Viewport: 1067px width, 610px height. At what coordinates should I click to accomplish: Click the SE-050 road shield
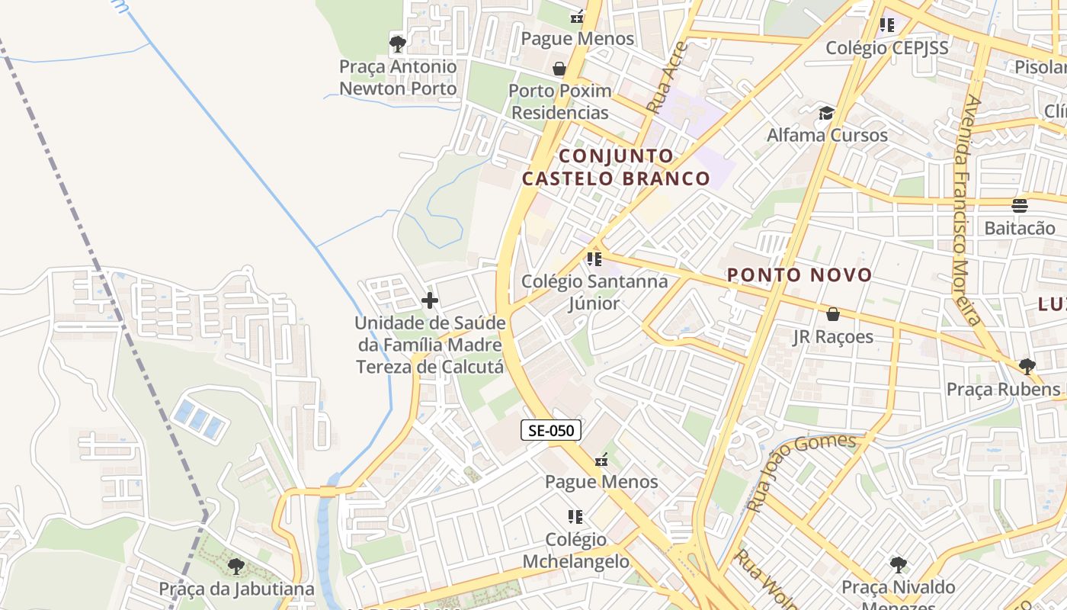pos(551,430)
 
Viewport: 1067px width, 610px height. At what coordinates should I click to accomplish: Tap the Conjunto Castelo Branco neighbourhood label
pos(616,168)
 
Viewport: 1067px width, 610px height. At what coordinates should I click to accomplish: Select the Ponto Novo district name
pos(799,275)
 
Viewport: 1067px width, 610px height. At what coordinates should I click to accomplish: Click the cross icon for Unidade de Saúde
pos(430,300)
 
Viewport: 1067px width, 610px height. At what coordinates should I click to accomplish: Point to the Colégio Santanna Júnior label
pos(594,292)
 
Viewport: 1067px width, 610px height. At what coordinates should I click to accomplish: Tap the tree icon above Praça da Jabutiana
pos(236,567)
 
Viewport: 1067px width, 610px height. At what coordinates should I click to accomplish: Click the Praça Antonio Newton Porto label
pos(398,78)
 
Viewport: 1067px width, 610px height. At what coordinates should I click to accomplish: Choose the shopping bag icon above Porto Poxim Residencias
pos(559,69)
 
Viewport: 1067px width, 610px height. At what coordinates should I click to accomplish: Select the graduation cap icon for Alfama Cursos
pos(826,114)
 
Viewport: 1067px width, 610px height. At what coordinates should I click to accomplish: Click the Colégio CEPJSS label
pos(887,48)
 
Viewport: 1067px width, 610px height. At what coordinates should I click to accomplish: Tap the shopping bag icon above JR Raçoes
pos(833,314)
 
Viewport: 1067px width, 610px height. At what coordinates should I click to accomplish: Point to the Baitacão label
pos(1020,228)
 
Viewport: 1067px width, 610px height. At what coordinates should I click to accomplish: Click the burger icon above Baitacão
pos(1020,205)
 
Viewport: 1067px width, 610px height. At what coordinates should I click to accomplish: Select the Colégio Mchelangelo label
pos(576,551)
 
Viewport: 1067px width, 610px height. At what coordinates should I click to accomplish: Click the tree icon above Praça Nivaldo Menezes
pos(899,565)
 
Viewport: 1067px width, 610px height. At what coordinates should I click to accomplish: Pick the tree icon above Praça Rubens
pos(1027,367)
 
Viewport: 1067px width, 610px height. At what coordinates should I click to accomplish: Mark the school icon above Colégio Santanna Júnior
pos(594,259)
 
